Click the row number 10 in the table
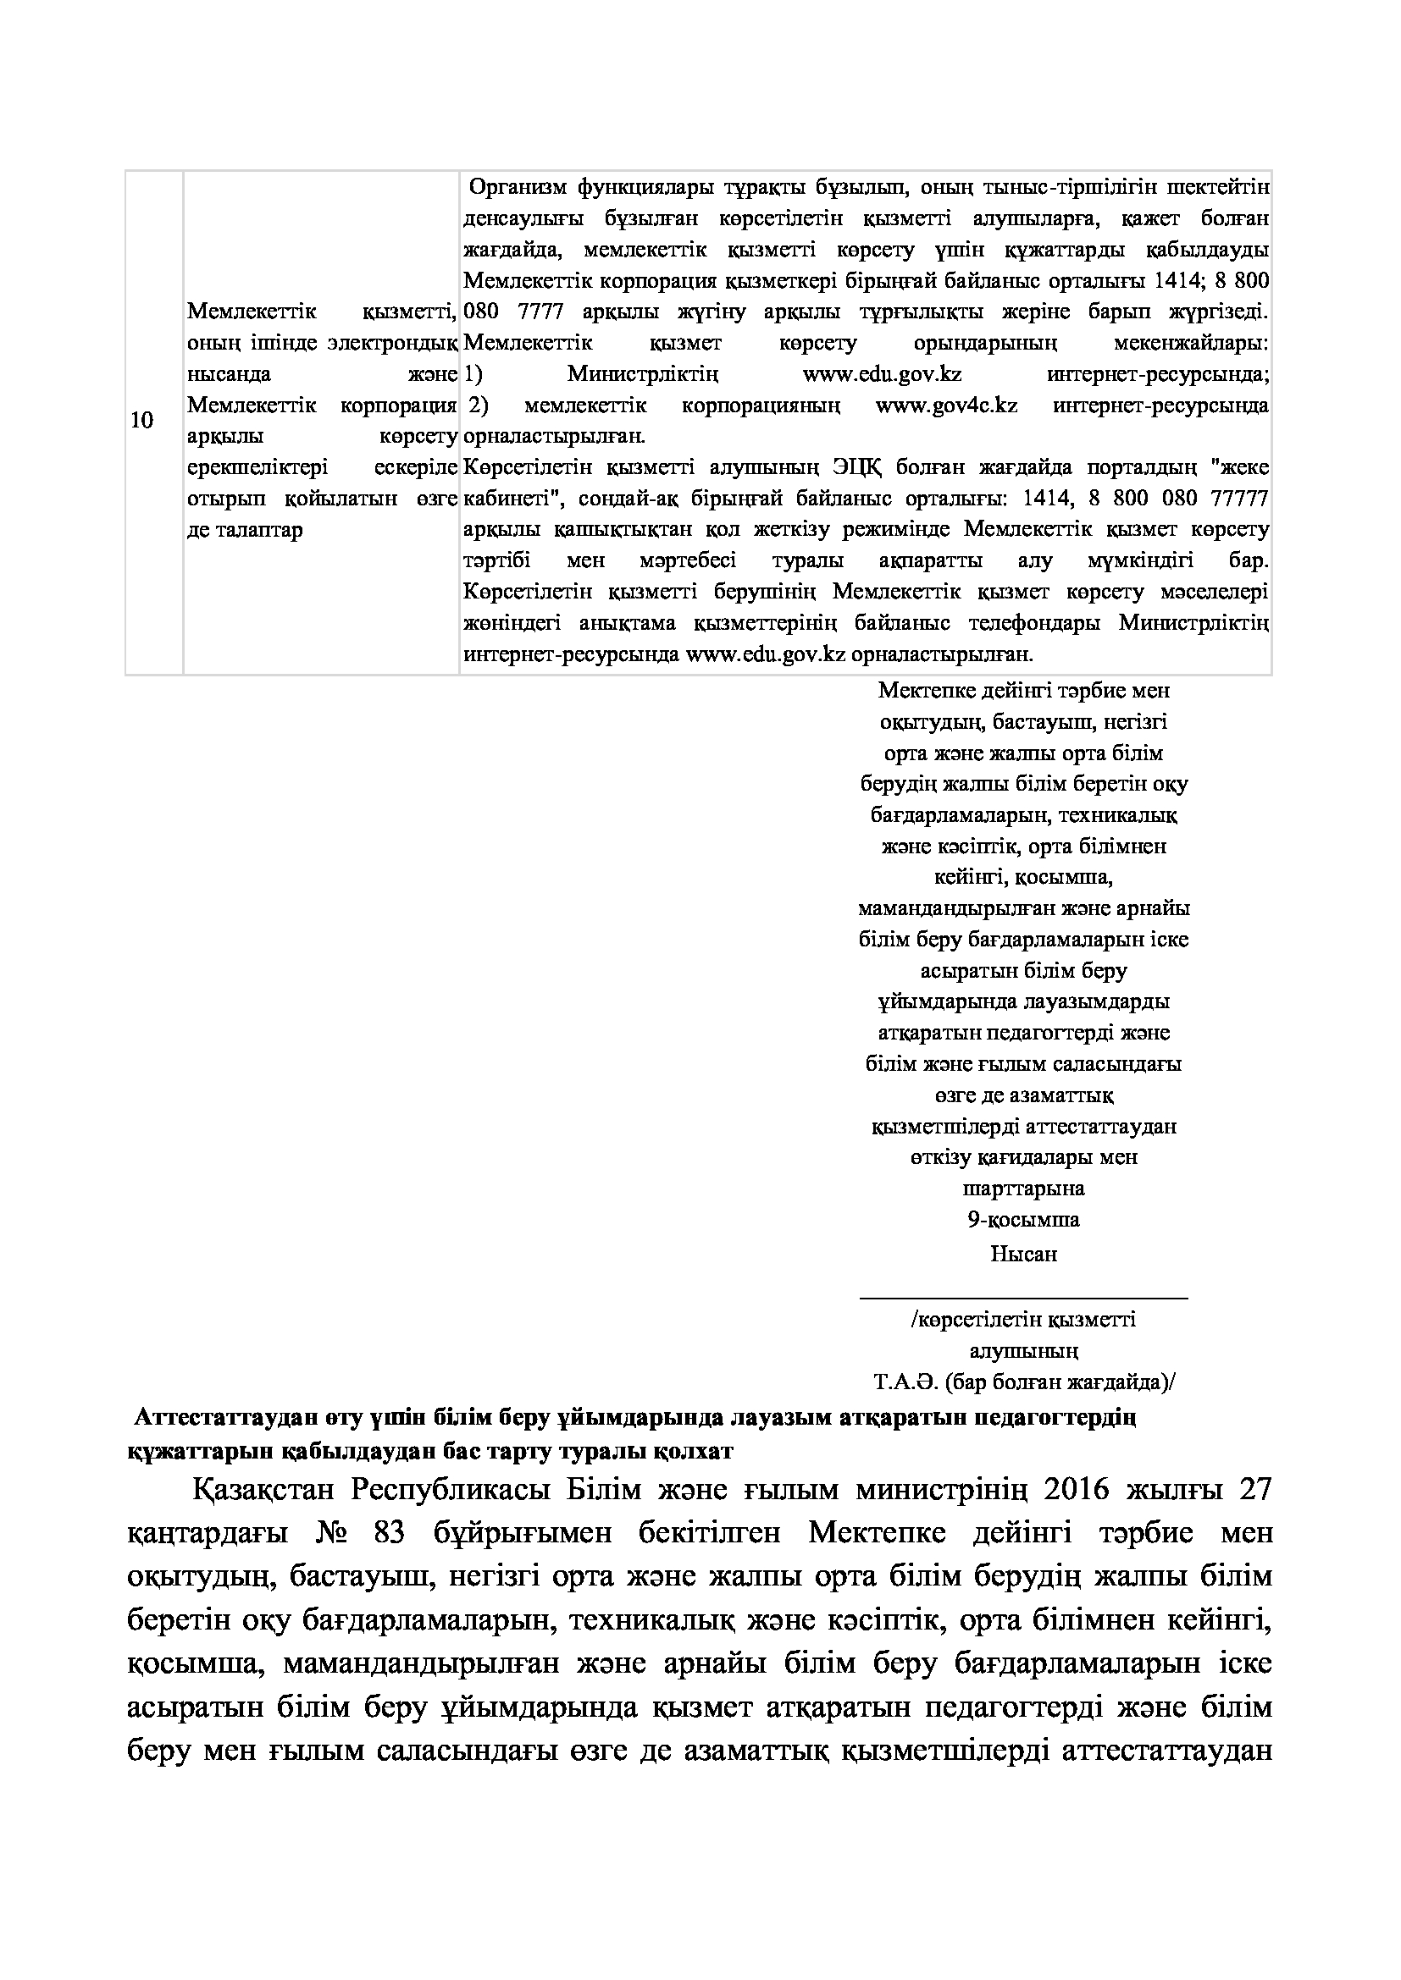point(141,421)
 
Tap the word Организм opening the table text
point(518,187)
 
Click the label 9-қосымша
point(1023,1219)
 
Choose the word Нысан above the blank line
point(1023,1254)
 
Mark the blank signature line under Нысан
point(1023,1296)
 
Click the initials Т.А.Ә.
point(905,1383)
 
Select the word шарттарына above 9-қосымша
point(1023,1189)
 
